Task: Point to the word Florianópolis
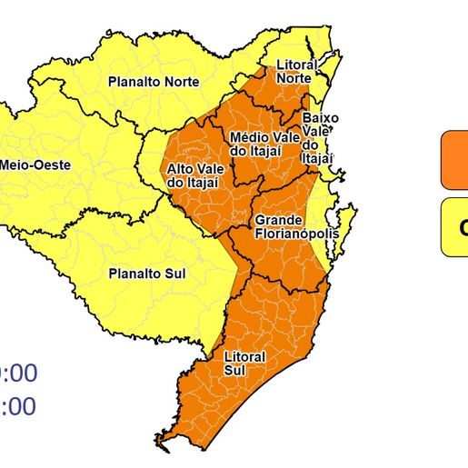click(296, 234)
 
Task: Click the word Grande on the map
click(279, 221)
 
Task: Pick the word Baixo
click(320, 118)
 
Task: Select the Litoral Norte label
click(295, 72)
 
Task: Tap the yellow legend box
click(454, 227)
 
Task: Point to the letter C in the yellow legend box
click(463, 228)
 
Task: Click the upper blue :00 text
click(18, 373)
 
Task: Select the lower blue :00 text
click(18, 407)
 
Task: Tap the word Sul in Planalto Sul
click(174, 272)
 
